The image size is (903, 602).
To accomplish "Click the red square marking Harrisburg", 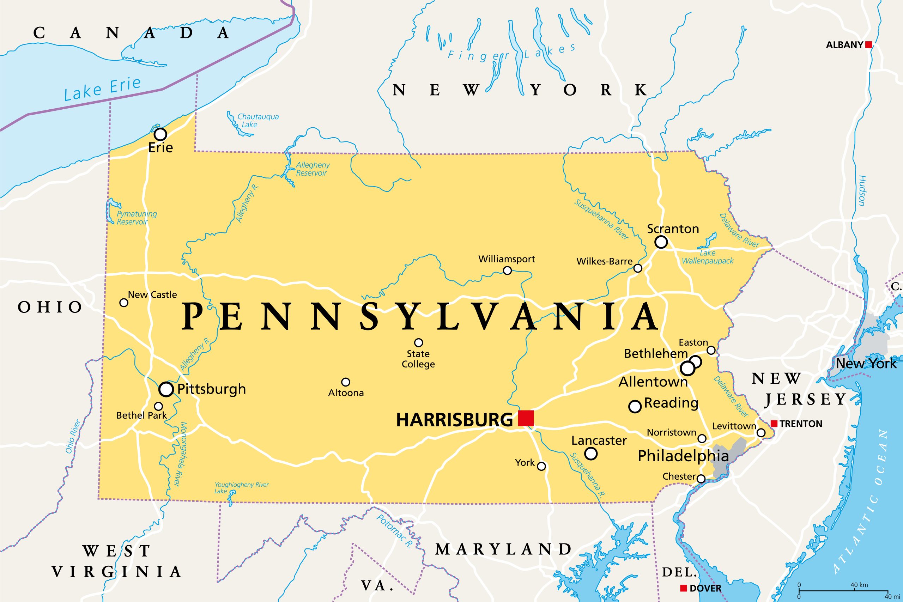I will [526, 418].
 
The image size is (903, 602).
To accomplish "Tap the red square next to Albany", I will [868, 45].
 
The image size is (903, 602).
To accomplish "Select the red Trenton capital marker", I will [774, 424].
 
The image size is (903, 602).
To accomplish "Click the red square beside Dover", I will [683, 588].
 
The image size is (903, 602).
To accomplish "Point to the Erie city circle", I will [160, 134].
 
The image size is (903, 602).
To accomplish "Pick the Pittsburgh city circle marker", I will [166, 389].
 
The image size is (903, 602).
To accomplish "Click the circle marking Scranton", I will [661, 242].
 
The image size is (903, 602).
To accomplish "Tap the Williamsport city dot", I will [507, 270].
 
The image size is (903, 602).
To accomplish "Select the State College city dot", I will [418, 342].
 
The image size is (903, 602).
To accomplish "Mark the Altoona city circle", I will [346, 382].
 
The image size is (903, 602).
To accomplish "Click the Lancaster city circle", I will [591, 454].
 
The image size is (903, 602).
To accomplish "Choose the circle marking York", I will [541, 466].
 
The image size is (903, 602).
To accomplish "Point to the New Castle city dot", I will [123, 303].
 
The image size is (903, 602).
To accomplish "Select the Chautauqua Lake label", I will [257, 121].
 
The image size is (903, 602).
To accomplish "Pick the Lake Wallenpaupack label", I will [707, 257].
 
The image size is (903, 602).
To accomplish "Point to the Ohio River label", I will [73, 436].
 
